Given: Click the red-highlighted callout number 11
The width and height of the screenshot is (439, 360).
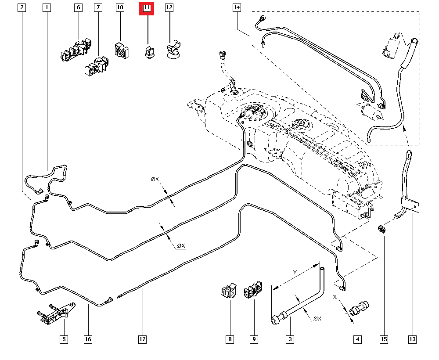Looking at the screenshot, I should click(147, 8).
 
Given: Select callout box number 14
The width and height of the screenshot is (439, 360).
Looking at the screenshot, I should click(237, 8).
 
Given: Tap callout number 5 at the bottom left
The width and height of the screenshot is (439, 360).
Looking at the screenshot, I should click(64, 339).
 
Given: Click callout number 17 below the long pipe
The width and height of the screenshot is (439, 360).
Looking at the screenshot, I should click(142, 339).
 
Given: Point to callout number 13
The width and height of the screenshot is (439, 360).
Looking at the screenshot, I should click(412, 339).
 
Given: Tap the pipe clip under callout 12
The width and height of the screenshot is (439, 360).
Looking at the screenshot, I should click(173, 50).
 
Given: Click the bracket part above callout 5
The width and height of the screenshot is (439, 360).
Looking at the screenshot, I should click(55, 312).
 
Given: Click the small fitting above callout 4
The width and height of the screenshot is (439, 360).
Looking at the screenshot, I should click(360, 307).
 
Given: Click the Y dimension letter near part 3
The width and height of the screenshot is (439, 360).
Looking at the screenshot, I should click(295, 273).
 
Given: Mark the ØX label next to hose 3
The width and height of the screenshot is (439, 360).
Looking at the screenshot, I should click(317, 319).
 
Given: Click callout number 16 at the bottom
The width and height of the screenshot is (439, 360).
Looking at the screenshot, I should click(88, 339).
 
